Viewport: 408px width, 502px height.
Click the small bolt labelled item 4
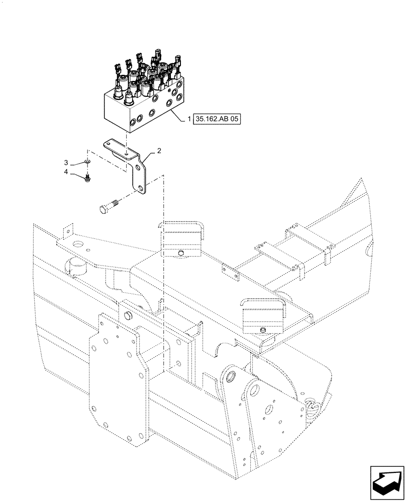(88, 177)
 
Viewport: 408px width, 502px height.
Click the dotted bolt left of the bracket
(105, 207)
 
